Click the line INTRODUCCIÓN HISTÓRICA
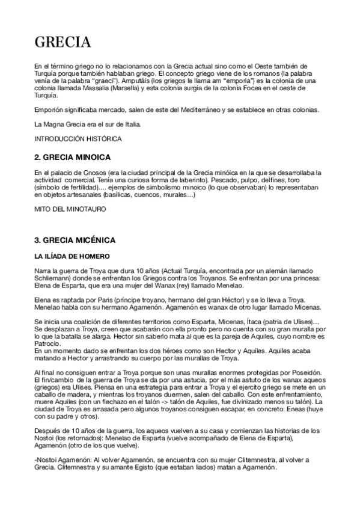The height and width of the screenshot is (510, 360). [78, 139]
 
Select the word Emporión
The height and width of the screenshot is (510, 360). [49, 109]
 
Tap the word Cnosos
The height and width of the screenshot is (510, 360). [91, 173]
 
